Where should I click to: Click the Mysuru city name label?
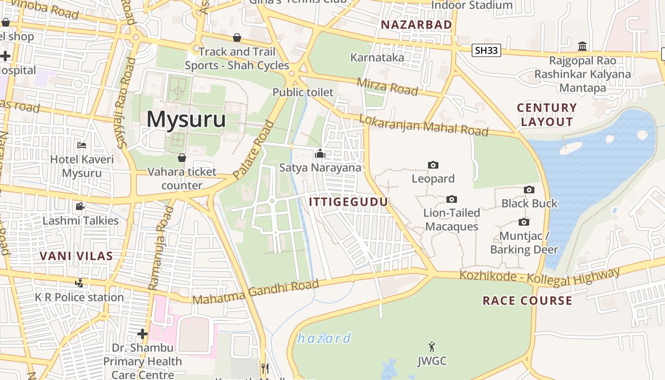(x=186, y=119)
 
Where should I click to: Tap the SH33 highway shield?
(x=487, y=50)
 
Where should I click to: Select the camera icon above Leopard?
(x=433, y=165)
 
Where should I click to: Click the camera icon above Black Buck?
(x=529, y=190)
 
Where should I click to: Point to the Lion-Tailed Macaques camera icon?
(x=451, y=199)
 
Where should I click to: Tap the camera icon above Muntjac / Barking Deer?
(x=524, y=222)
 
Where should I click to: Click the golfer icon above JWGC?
(x=432, y=347)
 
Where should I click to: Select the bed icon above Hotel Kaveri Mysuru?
(x=82, y=145)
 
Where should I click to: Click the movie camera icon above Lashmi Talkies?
(x=80, y=206)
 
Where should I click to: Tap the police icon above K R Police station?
(x=79, y=283)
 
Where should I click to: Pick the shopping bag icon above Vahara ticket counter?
(x=181, y=157)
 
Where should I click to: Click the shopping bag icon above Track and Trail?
(x=237, y=37)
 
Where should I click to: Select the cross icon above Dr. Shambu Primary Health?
(x=142, y=334)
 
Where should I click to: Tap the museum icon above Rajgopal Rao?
(x=582, y=46)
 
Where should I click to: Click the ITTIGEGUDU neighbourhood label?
(x=348, y=202)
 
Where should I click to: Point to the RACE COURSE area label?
(x=527, y=301)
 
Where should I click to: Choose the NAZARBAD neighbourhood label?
(x=416, y=24)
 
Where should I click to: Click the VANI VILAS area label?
(x=76, y=256)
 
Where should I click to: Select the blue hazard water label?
(x=324, y=339)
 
